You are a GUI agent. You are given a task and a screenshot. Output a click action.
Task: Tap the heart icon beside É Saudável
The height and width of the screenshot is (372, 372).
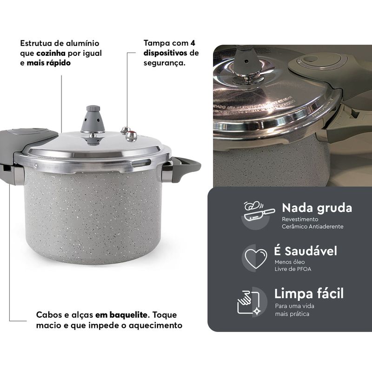point(256,258)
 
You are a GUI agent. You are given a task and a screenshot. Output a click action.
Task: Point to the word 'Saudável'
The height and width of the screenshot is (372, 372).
point(311,251)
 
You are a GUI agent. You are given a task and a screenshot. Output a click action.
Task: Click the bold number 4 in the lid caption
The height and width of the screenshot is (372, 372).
point(193,43)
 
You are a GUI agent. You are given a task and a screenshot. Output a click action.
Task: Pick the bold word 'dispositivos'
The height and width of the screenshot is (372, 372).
point(166,53)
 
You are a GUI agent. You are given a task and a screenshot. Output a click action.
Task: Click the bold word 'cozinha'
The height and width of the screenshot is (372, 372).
point(51,53)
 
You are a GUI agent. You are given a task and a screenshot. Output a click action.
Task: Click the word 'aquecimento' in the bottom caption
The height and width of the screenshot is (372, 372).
point(155,325)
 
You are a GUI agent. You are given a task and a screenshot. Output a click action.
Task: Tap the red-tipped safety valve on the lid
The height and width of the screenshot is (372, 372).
point(131,136)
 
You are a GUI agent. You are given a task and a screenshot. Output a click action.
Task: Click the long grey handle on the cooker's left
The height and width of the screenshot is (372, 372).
point(24,147)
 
